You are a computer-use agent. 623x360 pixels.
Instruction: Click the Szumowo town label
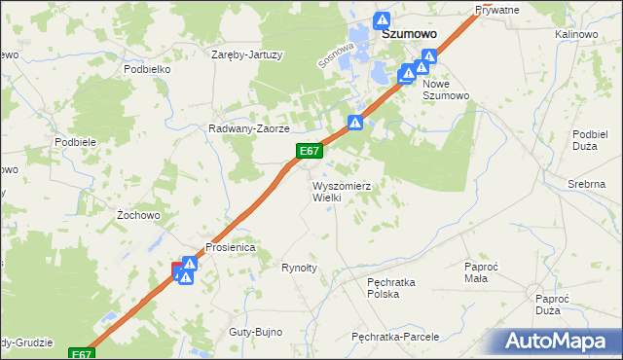[x=408, y=32]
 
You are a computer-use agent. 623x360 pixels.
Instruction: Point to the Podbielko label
[x=147, y=70]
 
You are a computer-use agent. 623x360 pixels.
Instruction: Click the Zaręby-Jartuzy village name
[x=247, y=54]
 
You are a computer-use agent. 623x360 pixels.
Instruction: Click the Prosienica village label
[x=229, y=247]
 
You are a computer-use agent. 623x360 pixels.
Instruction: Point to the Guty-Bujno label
[x=255, y=332]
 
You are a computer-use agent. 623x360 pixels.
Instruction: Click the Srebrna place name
[x=586, y=184]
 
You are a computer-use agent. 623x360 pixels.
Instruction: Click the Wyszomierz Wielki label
[x=341, y=191]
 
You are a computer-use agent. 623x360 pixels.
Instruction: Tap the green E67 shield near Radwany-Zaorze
[x=310, y=151]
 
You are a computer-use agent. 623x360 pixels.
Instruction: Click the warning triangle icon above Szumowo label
[x=383, y=18]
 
